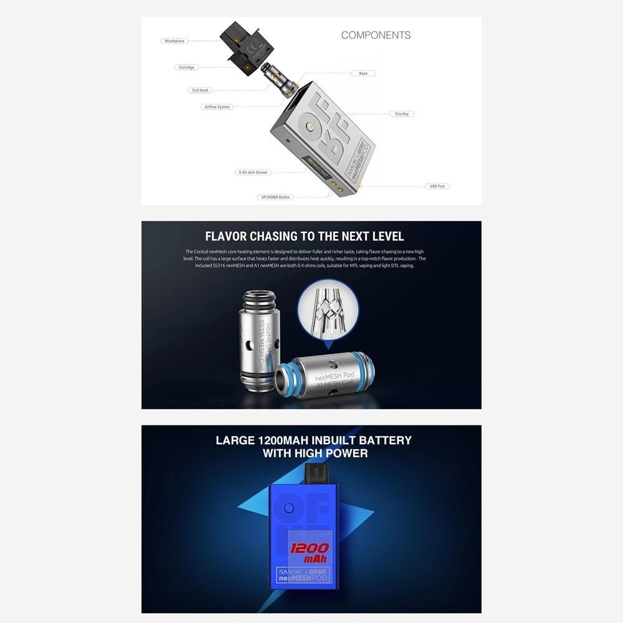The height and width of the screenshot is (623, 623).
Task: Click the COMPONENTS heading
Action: click(376, 36)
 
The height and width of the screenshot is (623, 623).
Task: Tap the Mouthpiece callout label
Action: click(174, 41)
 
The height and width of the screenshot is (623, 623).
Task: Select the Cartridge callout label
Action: click(186, 67)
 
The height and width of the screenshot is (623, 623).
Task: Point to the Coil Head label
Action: click(200, 90)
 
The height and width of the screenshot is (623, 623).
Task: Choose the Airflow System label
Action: click(217, 107)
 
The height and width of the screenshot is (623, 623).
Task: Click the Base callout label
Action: click(363, 74)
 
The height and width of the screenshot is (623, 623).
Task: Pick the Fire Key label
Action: click(402, 114)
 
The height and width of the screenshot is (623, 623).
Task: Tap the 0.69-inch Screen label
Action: click(252, 173)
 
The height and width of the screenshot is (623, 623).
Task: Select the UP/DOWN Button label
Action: click(275, 197)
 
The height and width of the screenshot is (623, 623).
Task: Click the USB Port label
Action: click(437, 186)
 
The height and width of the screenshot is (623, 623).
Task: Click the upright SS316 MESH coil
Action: click(258, 340)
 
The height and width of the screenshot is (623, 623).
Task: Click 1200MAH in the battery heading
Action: click(284, 440)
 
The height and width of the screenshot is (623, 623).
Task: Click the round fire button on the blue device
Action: click(288, 508)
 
